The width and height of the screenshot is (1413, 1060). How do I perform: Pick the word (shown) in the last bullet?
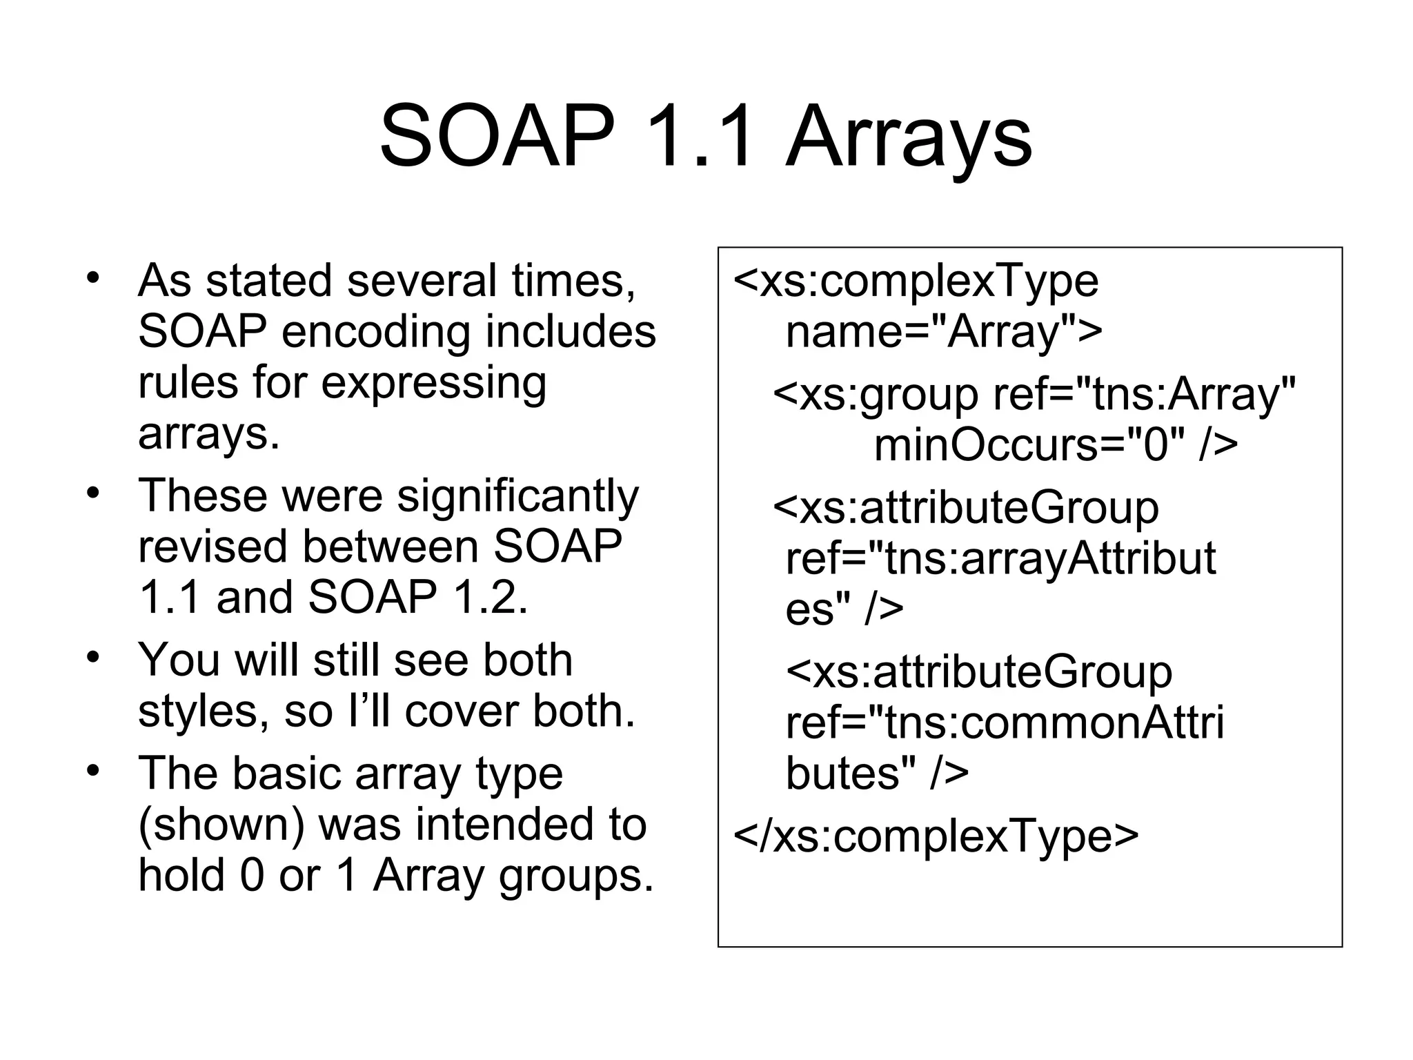(x=221, y=825)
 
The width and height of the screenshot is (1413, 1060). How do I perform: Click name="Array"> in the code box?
(x=944, y=332)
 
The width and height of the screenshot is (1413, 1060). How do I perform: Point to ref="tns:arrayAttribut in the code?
(x=1000, y=558)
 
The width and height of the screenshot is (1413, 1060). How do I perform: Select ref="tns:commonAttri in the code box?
(x=1004, y=723)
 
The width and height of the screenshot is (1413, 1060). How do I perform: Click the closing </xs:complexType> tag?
(x=935, y=836)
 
